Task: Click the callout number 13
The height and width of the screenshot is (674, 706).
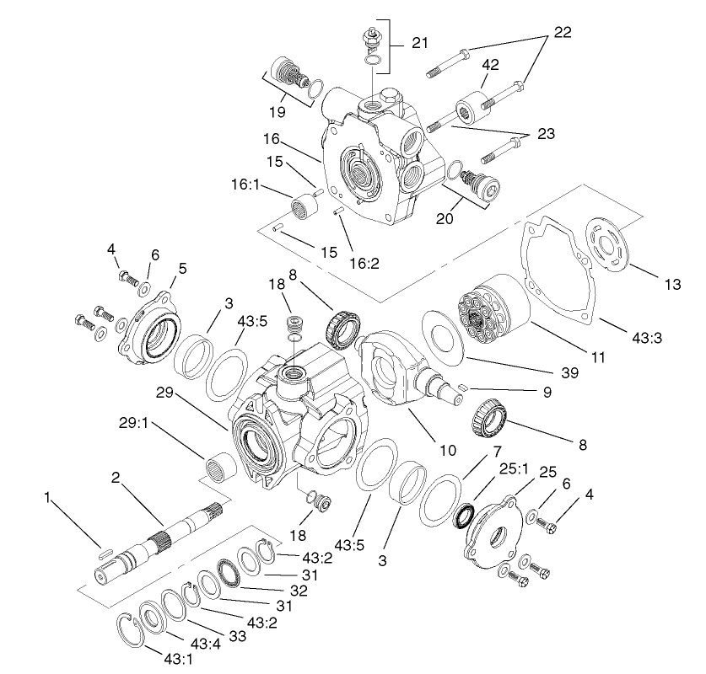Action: tap(671, 284)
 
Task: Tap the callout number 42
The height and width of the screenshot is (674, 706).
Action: tap(492, 64)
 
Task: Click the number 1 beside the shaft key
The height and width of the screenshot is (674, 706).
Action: tap(47, 498)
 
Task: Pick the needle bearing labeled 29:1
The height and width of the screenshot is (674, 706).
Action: tap(221, 466)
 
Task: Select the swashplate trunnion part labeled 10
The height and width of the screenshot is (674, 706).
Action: tap(396, 372)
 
